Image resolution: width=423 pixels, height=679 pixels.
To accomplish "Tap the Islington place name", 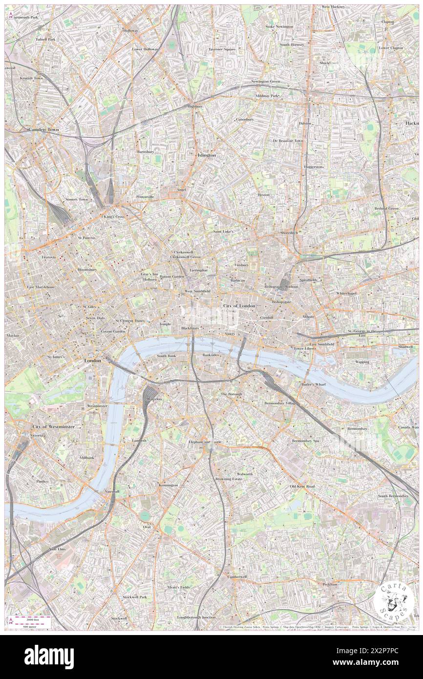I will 207,155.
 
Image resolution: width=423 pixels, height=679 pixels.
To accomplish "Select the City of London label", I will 239,305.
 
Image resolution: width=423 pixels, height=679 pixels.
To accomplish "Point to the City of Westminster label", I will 54,426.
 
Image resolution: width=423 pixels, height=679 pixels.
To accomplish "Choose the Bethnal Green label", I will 387,208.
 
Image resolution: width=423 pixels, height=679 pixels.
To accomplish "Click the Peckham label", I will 330,584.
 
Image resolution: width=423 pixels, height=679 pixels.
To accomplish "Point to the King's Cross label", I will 114,216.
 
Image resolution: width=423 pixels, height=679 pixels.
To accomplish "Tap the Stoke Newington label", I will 279,26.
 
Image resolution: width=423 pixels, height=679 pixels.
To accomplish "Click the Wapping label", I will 362,362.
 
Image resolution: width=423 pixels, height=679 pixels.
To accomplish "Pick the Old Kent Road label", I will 302,487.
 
